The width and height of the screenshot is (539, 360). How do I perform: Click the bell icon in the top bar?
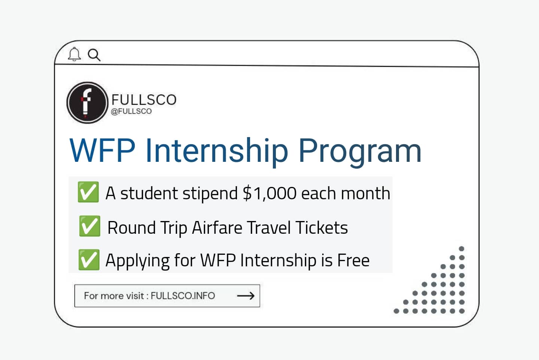click(x=74, y=54)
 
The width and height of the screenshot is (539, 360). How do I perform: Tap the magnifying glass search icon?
click(x=94, y=55)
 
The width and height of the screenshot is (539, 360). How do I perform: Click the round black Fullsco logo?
click(x=87, y=102)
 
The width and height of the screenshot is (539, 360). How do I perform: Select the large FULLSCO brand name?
click(x=144, y=100)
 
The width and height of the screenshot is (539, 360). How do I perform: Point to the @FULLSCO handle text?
click(x=131, y=111)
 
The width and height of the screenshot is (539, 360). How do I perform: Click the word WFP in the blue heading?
click(x=102, y=150)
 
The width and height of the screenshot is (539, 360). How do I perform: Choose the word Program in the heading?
click(x=360, y=151)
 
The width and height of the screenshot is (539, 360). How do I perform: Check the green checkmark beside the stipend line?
click(x=88, y=192)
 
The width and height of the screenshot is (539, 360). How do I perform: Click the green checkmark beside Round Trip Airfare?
click(x=89, y=226)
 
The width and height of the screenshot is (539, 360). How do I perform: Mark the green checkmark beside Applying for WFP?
click(x=89, y=260)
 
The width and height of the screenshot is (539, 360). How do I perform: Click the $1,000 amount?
click(x=269, y=193)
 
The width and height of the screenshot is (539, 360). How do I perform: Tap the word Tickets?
click(x=322, y=228)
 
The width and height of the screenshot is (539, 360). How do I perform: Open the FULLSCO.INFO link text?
click(x=183, y=296)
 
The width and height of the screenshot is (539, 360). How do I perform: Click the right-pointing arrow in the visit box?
click(x=246, y=296)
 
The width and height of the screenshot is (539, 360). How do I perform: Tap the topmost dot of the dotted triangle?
click(x=462, y=249)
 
